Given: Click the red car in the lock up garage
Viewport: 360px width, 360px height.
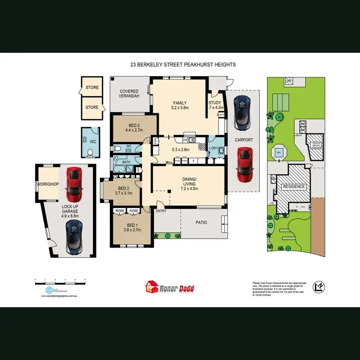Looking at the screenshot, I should pos(74,185).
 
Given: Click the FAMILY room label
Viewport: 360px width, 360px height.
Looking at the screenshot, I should pos(180,103).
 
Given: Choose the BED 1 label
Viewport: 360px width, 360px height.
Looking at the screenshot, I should pos(125,225).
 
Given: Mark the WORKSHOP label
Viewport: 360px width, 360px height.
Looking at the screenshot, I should pos(48,184).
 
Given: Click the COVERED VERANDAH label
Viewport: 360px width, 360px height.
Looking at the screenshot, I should pos(129,94).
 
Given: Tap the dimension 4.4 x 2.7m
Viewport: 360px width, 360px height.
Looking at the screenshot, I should pos(134,130).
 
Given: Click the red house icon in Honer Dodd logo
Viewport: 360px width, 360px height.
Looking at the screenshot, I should pos(153,287).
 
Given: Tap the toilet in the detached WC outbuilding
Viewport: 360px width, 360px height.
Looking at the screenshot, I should pos(91,153).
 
